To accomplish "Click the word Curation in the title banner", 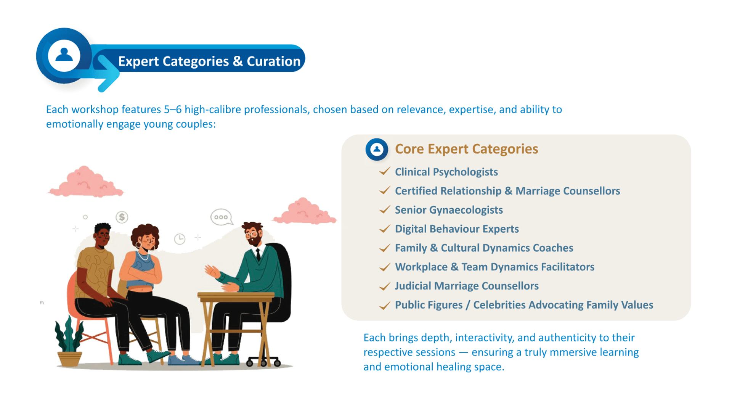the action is (274, 61).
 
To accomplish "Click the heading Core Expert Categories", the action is (466, 149).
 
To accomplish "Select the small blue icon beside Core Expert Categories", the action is (377, 149).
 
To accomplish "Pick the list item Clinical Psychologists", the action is (446, 172).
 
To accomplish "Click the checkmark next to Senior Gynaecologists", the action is (385, 209).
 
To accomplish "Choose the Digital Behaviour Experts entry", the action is (457, 229).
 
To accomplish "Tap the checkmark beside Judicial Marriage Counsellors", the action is (385, 286).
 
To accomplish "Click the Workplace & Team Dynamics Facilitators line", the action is (494, 267).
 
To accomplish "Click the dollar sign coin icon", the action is (122, 217).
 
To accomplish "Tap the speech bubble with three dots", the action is (222, 217).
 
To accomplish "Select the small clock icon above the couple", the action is (180, 239).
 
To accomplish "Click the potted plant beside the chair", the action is (69, 341).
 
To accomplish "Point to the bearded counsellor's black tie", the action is (258, 254).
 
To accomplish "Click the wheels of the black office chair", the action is (263, 362).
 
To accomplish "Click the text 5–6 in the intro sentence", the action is (173, 109).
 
